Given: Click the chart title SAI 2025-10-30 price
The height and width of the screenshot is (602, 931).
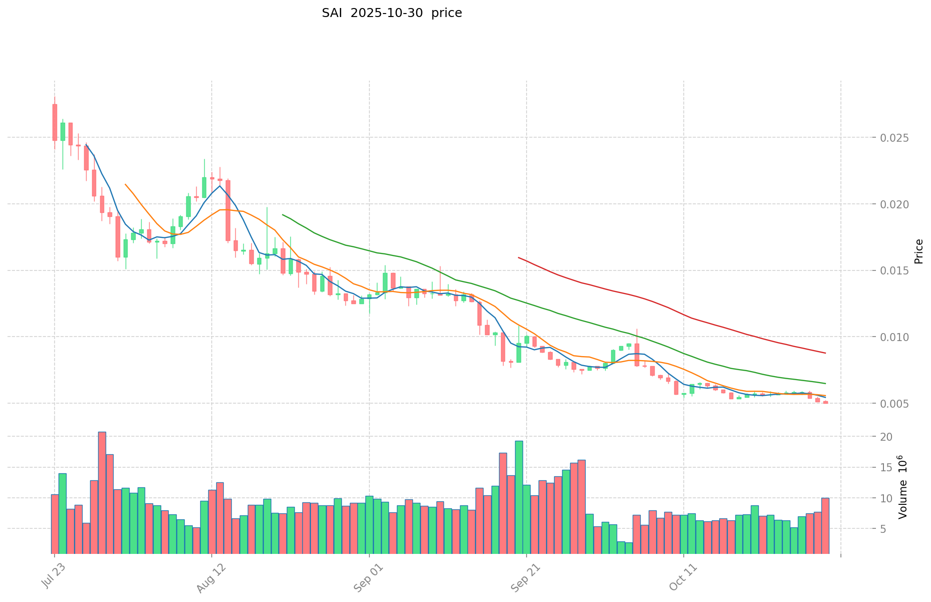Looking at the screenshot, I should (x=391, y=13).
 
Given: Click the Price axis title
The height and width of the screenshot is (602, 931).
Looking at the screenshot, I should (x=918, y=251).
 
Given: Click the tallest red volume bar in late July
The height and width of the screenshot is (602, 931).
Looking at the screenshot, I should (x=102, y=492).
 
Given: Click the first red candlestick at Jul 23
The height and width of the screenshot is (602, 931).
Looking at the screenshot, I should (x=55, y=122).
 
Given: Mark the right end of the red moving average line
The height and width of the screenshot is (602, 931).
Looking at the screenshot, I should (x=825, y=353).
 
